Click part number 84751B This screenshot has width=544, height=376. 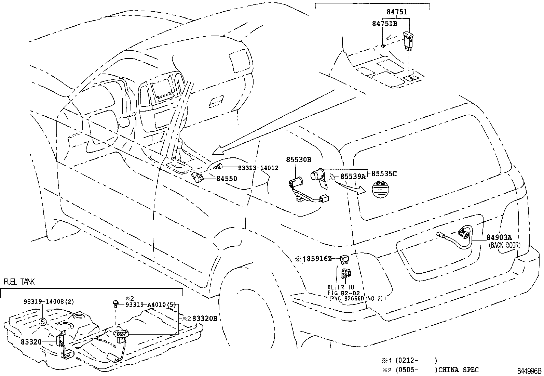click(x=384, y=24)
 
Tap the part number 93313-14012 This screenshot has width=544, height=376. click(x=258, y=168)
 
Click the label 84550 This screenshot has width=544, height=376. click(x=227, y=179)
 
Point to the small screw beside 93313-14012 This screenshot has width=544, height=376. click(x=219, y=167)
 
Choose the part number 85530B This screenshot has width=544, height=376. click(x=299, y=159)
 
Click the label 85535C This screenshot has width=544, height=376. click(x=384, y=173)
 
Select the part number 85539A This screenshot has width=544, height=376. click(x=352, y=176)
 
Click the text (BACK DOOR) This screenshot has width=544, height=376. click(x=504, y=245)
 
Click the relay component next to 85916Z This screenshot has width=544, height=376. click(x=344, y=260)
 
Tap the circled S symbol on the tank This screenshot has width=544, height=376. click(x=42, y=322)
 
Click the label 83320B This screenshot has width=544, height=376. click(x=205, y=318)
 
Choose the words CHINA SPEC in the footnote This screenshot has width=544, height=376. click(x=458, y=369)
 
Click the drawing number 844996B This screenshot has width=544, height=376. click(x=529, y=371)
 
